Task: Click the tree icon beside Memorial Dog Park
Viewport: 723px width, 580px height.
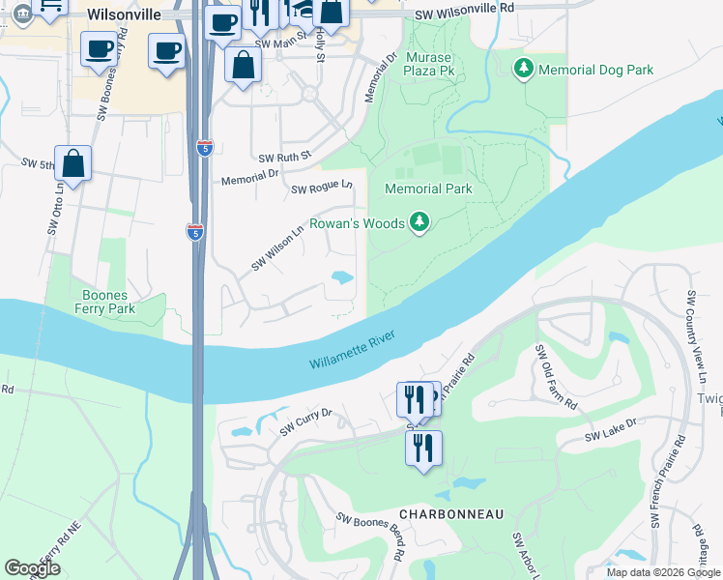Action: click(523, 69)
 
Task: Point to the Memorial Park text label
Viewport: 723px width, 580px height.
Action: click(428, 188)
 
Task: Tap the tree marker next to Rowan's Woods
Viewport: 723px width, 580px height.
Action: click(419, 223)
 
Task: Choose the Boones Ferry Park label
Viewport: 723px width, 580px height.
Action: click(108, 301)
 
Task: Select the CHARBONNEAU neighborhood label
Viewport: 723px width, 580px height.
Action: click(452, 514)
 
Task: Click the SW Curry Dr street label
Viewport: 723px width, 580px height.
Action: click(305, 422)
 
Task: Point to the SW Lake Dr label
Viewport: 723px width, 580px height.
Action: click(611, 430)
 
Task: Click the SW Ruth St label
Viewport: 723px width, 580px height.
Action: click(284, 157)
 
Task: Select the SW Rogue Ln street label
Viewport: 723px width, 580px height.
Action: click(322, 187)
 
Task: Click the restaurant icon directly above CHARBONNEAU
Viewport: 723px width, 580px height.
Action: click(423, 448)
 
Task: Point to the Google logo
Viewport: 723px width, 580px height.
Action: click(32, 568)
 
